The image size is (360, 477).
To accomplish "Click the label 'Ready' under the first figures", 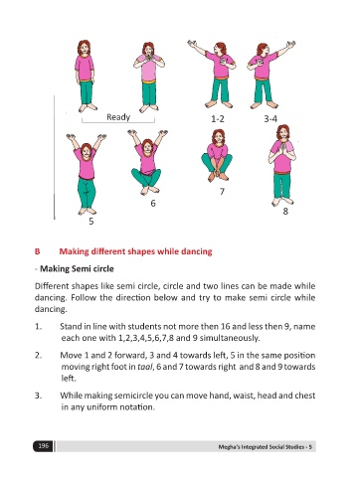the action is (x=118, y=117).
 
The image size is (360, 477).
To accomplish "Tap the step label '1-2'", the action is (x=218, y=118).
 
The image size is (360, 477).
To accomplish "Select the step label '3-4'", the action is (x=270, y=118).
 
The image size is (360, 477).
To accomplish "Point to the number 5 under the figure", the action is (x=91, y=221).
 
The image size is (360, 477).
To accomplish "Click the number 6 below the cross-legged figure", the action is (x=153, y=203).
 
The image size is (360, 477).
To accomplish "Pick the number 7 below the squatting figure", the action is (x=222, y=191).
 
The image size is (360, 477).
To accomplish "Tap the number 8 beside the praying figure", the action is (x=285, y=211).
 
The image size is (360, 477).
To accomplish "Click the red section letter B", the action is (x=37, y=251).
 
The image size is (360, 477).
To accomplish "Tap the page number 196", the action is (x=43, y=446).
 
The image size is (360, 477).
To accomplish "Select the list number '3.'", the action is (x=38, y=396).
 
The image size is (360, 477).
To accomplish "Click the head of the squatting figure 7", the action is (x=219, y=137).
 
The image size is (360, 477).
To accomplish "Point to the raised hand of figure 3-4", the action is (x=290, y=45).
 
